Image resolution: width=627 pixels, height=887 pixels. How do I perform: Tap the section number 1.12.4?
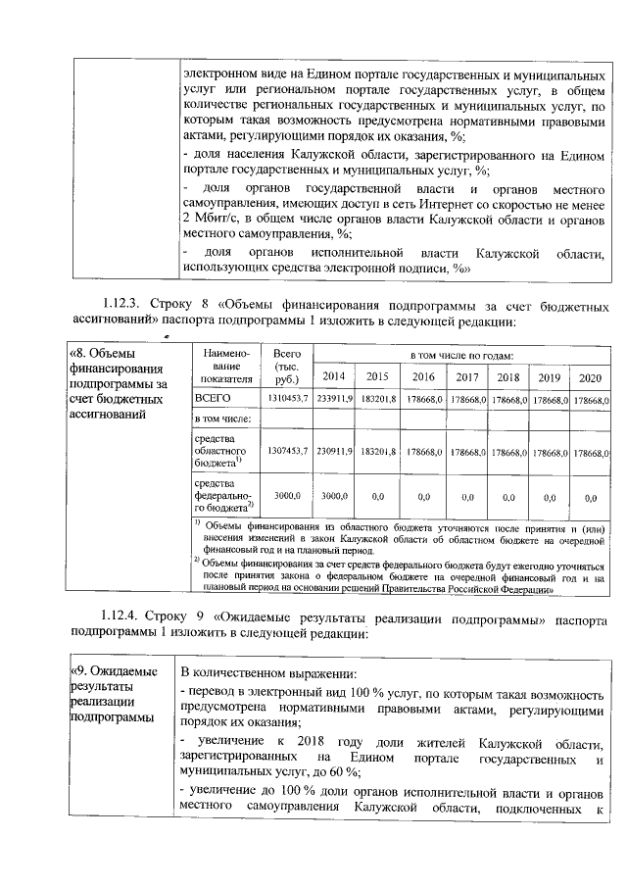[122, 617]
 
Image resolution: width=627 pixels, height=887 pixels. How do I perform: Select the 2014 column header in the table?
[335, 377]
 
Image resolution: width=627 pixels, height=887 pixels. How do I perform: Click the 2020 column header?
[591, 377]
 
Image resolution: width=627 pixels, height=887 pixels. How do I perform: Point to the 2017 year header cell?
[466, 377]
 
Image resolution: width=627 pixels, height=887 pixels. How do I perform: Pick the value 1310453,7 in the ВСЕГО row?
[289, 400]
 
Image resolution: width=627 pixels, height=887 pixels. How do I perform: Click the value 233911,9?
[335, 400]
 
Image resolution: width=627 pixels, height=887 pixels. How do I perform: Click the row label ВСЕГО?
[213, 400]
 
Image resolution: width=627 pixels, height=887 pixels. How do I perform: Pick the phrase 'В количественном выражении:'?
[270, 673]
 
